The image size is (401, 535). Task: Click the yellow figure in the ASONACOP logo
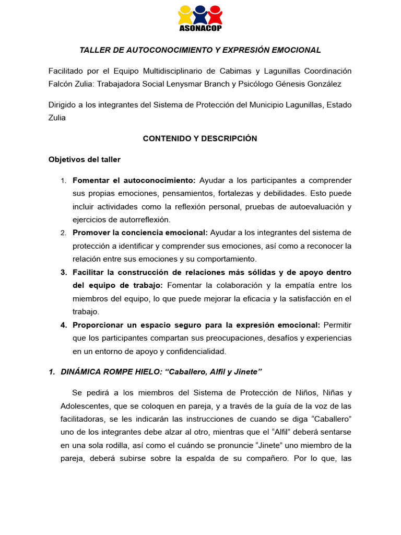pos(185,15)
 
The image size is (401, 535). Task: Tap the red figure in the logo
pos(215,15)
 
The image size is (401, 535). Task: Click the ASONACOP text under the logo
pos(200,28)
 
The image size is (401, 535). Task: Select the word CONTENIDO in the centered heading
pos(165,138)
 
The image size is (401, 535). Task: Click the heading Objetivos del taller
pos(84,159)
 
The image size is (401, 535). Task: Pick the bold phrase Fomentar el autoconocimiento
pos(134,180)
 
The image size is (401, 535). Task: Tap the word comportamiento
pos(227,259)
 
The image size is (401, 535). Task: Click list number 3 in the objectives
pos(64,272)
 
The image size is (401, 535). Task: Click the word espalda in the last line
pos(235,458)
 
